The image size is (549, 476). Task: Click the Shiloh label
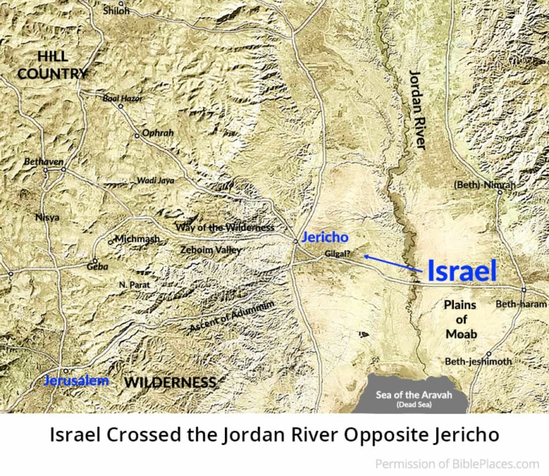(x=116, y=12)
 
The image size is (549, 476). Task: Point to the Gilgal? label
(x=340, y=254)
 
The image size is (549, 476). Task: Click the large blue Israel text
(x=462, y=271)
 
